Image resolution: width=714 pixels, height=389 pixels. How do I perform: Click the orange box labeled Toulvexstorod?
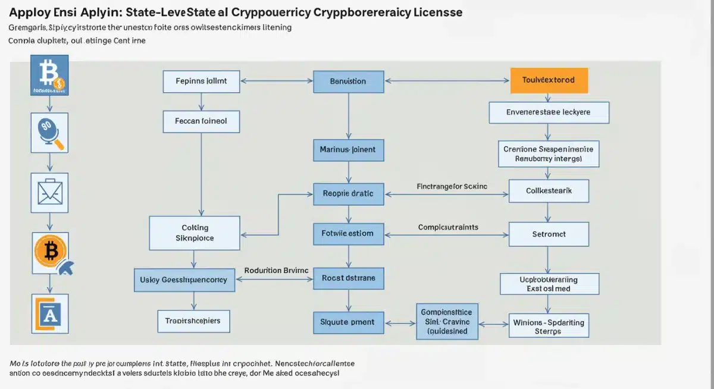pos(549,80)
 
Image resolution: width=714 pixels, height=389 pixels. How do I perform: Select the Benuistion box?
pos(348,81)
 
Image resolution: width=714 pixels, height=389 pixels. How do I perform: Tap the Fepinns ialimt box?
pos(202,81)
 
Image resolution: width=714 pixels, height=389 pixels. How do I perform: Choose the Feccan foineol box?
pos(202,121)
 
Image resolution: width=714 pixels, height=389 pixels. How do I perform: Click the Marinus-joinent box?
pos(348,150)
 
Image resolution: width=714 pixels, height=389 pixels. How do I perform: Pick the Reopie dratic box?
pos(348,193)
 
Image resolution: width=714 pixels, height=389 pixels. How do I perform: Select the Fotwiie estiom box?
pos(348,234)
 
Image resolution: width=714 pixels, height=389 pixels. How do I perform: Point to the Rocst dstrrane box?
pos(348,278)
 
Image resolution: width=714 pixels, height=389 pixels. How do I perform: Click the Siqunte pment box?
pos(348,322)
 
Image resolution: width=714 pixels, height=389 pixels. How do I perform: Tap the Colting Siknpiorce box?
pos(195,233)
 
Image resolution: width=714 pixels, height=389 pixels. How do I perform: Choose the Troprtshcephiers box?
pos(193,321)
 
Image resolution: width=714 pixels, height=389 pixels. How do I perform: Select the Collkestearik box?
pos(549,192)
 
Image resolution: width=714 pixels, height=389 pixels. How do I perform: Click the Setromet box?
pos(549,234)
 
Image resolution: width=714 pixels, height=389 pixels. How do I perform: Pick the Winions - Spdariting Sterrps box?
pos(548,327)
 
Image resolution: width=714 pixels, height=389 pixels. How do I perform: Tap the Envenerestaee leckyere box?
pos(549,112)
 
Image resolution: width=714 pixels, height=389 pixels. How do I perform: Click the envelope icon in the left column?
pos(49,192)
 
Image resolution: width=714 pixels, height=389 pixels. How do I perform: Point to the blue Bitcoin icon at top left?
pos(49,75)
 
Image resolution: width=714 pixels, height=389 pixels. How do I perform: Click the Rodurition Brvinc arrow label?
pos(276,271)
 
